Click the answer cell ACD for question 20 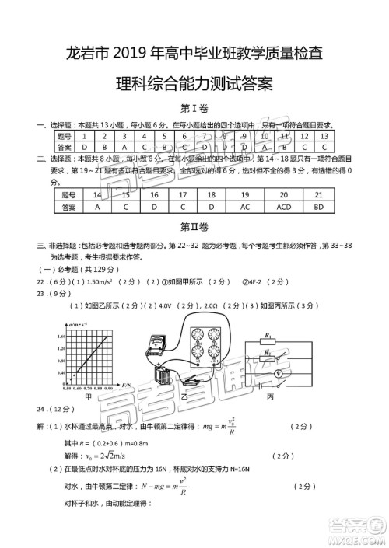pos(283,208)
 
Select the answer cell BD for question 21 pos(318,208)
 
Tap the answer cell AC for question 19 pos(244,208)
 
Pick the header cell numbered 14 pos(97,194)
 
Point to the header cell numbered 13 pos(325,135)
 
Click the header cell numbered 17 pos(182,194)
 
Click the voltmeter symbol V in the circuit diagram pos(276,373)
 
